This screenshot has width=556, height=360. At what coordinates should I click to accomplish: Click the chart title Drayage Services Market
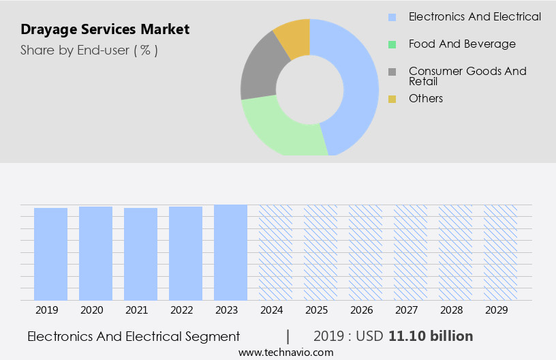[105, 29]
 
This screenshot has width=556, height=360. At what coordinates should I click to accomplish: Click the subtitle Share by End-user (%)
[89, 50]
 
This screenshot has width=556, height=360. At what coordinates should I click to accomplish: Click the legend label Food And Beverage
[462, 44]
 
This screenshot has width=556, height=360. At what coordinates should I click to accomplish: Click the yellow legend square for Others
[392, 99]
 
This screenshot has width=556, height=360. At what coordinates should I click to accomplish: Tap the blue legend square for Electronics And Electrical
[392, 17]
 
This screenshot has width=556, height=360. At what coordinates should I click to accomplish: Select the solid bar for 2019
[51, 254]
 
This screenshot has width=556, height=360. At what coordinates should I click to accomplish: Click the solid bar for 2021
[141, 254]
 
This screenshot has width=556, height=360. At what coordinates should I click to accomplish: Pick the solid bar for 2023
[231, 252]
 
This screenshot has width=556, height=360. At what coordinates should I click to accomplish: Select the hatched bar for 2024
[276, 252]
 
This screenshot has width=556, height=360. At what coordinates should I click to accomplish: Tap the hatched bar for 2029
[501, 252]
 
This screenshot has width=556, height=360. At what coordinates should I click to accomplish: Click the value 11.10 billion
[431, 336]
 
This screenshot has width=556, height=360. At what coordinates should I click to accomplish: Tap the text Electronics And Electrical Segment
[134, 336]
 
